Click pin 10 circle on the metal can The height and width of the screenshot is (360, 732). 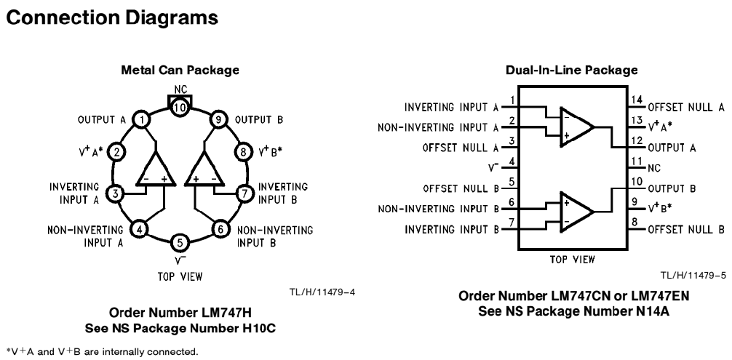180,108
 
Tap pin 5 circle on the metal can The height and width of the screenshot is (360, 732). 180,243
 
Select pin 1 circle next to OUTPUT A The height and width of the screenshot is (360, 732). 140,120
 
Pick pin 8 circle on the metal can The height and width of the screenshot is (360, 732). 243,151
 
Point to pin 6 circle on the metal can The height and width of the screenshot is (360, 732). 220,229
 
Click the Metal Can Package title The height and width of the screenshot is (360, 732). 180,70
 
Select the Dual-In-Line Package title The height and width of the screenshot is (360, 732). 572,70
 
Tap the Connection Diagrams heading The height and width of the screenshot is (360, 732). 112,17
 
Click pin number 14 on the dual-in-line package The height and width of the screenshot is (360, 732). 637,100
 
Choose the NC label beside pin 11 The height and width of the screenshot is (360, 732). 654,168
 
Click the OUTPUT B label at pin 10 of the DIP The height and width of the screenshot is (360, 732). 672,188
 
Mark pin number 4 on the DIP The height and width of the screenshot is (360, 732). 512,161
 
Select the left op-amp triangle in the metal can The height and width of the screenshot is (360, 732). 156,168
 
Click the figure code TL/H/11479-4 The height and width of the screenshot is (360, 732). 322,292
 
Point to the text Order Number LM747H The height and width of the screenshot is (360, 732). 180,312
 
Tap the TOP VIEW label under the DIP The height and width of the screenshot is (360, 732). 573,260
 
